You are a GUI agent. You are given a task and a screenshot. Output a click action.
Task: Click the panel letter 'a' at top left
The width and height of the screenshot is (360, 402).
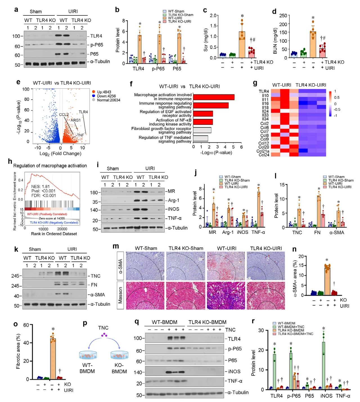[x=16, y=10]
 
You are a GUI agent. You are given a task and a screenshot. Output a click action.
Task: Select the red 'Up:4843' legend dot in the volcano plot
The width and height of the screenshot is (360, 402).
[x=93, y=92]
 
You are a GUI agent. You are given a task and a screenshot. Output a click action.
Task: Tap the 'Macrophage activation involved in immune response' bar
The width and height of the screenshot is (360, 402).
[x=213, y=97]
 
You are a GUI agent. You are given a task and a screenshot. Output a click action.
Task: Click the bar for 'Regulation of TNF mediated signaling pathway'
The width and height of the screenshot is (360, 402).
[x=201, y=138]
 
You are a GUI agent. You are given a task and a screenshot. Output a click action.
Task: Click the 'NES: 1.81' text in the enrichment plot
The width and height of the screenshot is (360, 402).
[x=40, y=186]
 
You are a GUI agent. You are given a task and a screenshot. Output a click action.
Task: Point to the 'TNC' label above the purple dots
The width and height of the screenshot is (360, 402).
[x=103, y=328]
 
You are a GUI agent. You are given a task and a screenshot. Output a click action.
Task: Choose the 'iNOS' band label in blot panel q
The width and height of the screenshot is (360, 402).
[x=234, y=371]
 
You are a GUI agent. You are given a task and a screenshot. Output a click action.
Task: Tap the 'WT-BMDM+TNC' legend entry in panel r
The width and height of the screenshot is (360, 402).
[x=291, y=327]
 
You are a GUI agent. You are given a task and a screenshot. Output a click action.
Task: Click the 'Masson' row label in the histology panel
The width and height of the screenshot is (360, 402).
[x=120, y=295]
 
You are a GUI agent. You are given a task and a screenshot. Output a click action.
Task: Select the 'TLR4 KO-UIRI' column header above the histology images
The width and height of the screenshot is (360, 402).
[x=266, y=248]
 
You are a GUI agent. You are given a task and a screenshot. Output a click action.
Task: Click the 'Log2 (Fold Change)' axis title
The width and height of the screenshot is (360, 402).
[x=60, y=154]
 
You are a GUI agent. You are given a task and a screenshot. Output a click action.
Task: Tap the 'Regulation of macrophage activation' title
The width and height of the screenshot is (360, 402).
[x=50, y=166]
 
